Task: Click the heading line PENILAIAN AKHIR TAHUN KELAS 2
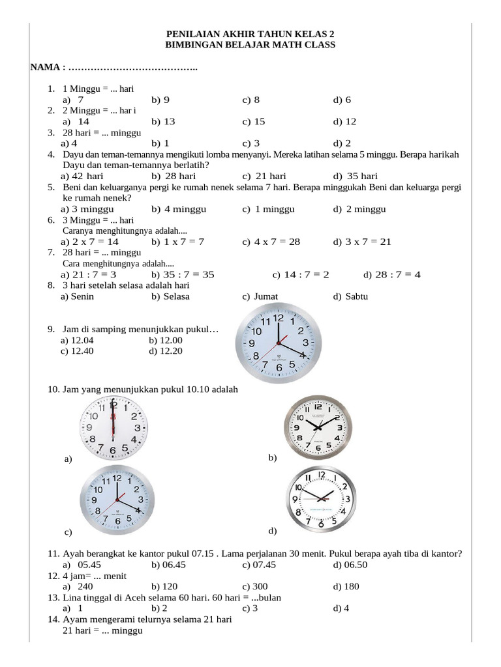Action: pyautogui.click(x=252, y=33)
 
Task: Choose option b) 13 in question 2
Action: pyautogui.click(x=163, y=121)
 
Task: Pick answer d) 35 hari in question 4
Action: pyautogui.click(x=355, y=176)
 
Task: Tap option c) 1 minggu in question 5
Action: pyautogui.click(x=268, y=209)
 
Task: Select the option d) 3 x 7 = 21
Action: pyautogui.click(x=361, y=242)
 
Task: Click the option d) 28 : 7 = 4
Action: pyautogui.click(x=391, y=274)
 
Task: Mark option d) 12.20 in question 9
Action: pyautogui.click(x=166, y=350)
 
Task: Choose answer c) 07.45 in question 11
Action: pyautogui.click(x=258, y=565)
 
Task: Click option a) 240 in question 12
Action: pyautogui.click(x=78, y=586)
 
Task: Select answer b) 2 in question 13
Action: pyautogui.click(x=159, y=608)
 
